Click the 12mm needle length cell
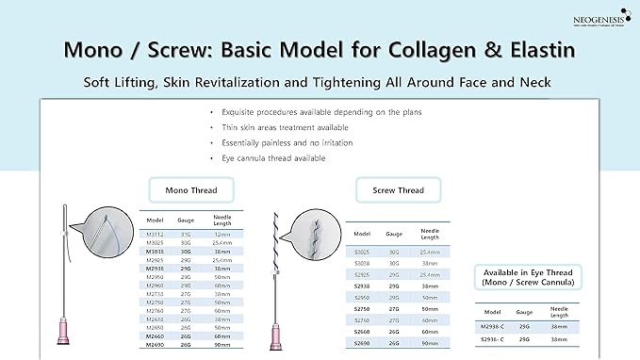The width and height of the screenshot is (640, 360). click(222, 234)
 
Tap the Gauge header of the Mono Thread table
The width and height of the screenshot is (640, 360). click(186, 219)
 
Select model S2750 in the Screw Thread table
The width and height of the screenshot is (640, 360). click(361, 308)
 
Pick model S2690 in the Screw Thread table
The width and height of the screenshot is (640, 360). click(361, 343)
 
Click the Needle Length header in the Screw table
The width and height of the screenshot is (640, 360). click(430, 232)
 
